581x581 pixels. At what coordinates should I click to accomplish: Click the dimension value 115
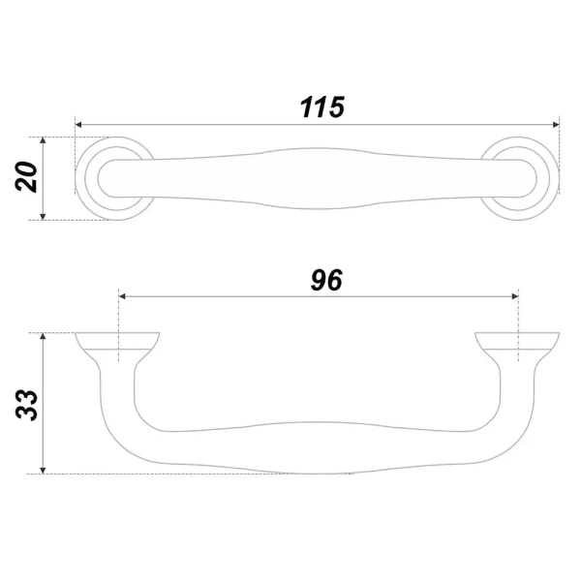[322, 107]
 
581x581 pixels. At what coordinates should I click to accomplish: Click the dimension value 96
[326, 280]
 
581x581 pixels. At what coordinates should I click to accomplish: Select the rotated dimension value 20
[26, 177]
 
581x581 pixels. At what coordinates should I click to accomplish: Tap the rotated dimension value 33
[26, 405]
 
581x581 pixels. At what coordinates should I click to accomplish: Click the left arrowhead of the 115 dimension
[78, 125]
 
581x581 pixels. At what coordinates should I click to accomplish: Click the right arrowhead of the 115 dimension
[556, 125]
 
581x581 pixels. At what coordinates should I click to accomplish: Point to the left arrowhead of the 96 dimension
[122, 296]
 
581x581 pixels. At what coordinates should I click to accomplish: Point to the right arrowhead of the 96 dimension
[515, 296]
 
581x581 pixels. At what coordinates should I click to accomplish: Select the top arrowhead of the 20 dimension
[43, 140]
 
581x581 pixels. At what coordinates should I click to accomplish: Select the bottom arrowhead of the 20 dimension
[43, 217]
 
